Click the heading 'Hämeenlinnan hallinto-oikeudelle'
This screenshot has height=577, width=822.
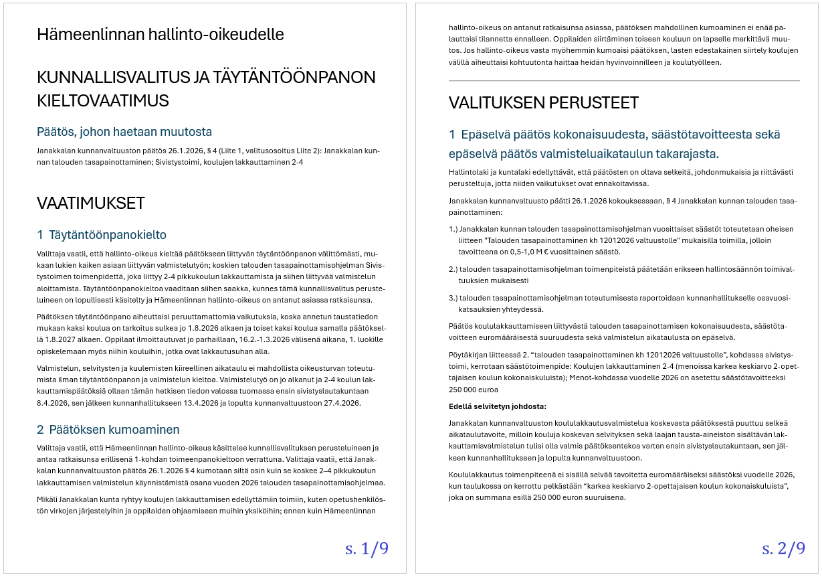[161, 34]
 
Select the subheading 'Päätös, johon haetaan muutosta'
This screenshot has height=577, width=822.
[124, 131]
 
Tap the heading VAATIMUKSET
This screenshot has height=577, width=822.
[91, 203]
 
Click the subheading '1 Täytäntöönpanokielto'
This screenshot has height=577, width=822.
[102, 235]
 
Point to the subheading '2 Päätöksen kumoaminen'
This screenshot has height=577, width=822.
[108, 429]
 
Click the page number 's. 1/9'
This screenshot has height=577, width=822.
[367, 549]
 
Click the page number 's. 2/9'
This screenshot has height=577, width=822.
[783, 549]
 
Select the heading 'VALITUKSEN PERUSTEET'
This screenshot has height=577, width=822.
[544, 103]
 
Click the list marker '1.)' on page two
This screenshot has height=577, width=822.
[453, 229]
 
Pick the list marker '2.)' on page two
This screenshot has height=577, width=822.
[453, 269]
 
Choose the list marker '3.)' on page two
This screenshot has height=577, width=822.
[453, 298]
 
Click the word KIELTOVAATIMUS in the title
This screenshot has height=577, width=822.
[103, 100]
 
